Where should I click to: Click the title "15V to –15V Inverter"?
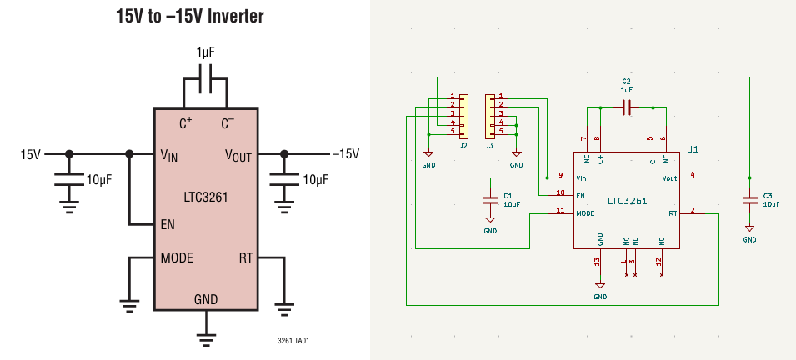pos(190,16)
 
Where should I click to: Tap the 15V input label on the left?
pos(31,154)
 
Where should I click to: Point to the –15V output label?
pos(345,154)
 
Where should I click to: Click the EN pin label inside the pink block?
pos(168,224)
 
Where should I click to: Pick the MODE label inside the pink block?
pos(177,258)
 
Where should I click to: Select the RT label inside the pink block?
pos(246,258)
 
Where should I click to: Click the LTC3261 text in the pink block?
pos(206,197)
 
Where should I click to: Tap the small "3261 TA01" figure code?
pos(293,341)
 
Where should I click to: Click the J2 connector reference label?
pos(463,145)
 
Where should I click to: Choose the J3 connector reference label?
pos(489,145)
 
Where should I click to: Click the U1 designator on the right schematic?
pos(693,149)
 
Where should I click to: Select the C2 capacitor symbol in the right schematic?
pos(627,107)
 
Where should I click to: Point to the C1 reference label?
pos(508,196)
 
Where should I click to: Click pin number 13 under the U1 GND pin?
pos(597,262)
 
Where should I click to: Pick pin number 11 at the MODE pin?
pos(560,210)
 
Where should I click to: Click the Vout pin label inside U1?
pos(669,178)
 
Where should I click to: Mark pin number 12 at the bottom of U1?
pos(659,262)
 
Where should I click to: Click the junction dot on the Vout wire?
pos(749,177)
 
